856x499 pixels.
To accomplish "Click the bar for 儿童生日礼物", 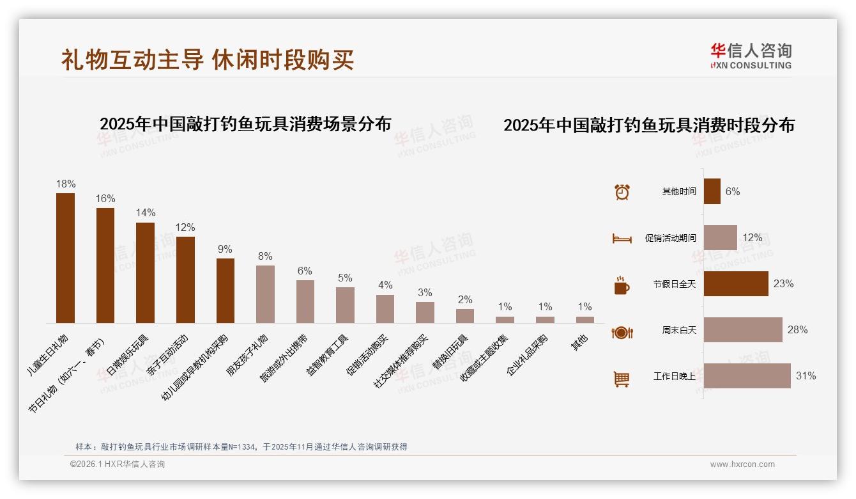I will [x=65, y=258].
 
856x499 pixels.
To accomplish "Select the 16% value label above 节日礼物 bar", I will [x=105, y=198].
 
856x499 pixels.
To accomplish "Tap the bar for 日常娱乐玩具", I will [x=145, y=273].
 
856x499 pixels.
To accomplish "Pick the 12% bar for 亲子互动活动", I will [x=185, y=280].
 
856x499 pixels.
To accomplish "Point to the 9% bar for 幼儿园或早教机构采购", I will [x=225, y=290].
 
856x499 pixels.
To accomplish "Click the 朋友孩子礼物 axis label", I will [x=248, y=356].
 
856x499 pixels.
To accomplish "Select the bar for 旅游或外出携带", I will [x=305, y=301].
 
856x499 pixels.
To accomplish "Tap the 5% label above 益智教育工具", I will [x=345, y=278].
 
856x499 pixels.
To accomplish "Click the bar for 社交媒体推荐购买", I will [x=425, y=312].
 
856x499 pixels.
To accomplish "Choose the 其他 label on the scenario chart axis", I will [x=580, y=343].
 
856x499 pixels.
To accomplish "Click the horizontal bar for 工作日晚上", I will [x=747, y=376].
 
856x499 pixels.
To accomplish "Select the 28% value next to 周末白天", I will [x=797, y=330].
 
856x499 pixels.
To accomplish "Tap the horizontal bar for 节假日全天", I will [x=736, y=284].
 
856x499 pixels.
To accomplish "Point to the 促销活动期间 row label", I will [x=670, y=238].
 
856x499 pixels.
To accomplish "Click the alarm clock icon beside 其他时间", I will [x=622, y=192].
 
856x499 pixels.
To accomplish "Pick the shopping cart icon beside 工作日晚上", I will [x=622, y=379].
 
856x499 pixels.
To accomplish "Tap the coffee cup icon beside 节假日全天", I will [x=622, y=285].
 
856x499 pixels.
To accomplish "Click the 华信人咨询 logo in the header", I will [x=751, y=56].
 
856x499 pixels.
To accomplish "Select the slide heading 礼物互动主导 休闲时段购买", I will [x=208, y=59].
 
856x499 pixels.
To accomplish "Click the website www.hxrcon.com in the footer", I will [x=742, y=464].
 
